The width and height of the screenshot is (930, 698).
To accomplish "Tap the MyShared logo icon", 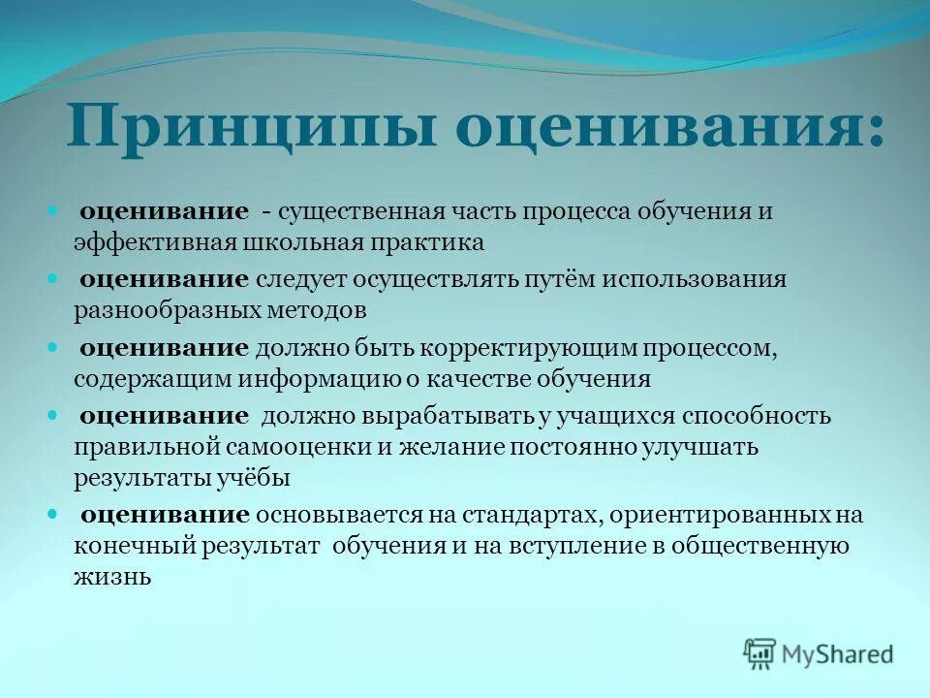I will tap(760, 653).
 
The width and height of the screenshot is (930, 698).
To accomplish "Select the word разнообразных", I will tap(174, 310).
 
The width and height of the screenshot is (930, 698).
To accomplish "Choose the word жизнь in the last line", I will tap(111, 577).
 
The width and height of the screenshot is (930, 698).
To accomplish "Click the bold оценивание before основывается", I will tap(165, 515).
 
